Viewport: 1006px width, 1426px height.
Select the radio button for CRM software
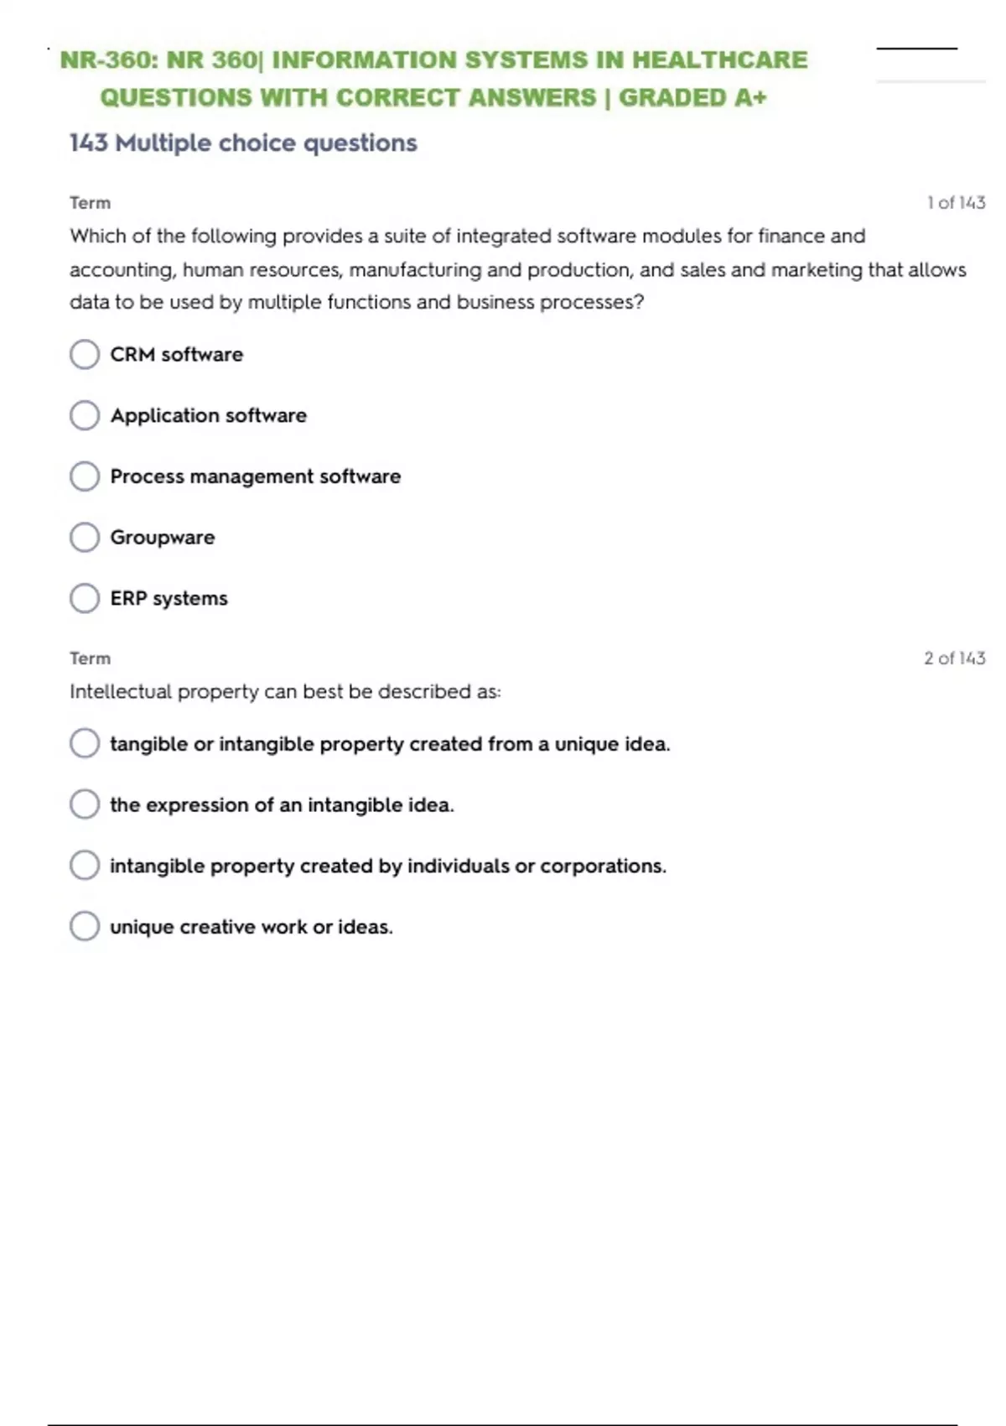(x=85, y=354)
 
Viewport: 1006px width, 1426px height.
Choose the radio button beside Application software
(x=85, y=415)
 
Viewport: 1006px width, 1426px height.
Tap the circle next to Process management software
(x=85, y=476)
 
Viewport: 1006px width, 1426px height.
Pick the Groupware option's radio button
(x=85, y=537)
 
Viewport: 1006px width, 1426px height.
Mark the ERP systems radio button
(x=85, y=598)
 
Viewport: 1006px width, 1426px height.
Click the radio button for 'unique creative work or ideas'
(x=85, y=926)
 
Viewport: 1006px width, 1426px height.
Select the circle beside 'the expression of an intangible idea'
(x=85, y=804)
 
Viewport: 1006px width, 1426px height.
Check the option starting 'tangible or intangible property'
(x=85, y=743)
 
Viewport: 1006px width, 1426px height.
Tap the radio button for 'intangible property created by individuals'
(x=85, y=865)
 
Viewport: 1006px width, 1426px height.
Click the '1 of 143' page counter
(x=956, y=203)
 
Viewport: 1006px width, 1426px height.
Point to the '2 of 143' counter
(x=954, y=658)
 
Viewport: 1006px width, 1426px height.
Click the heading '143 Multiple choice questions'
(x=243, y=143)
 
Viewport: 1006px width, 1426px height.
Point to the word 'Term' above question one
(x=90, y=203)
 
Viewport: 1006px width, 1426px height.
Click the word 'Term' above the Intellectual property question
(x=90, y=658)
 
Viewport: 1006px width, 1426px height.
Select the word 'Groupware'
(x=163, y=538)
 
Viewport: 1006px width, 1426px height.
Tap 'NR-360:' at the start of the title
(x=109, y=60)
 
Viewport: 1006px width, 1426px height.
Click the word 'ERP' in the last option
(x=128, y=598)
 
